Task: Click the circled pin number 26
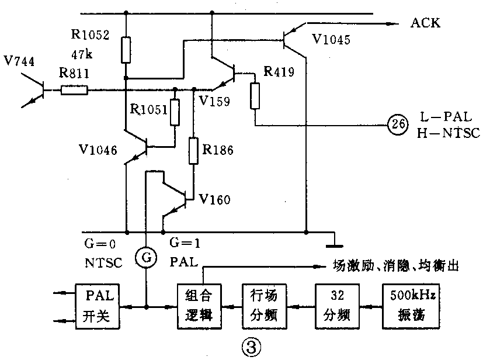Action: [397, 125]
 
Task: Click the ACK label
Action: [426, 23]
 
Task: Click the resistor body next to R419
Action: [255, 96]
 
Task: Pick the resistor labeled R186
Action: [192, 151]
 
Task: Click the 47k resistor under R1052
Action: [126, 50]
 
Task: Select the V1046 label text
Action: [97, 151]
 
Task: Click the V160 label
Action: [214, 200]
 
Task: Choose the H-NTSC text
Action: [449, 133]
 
